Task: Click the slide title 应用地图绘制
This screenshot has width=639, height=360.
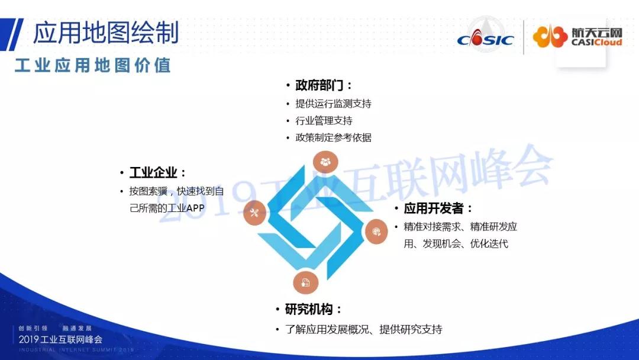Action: [105, 32]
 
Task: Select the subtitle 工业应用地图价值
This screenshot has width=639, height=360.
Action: [92, 65]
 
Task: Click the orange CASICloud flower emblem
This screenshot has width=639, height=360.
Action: [550, 37]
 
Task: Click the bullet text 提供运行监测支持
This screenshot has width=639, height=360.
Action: [333, 104]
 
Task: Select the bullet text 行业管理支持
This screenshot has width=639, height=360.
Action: [324, 121]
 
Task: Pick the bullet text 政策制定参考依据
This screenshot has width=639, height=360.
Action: [333, 137]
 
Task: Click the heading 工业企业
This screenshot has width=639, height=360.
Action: [153, 172]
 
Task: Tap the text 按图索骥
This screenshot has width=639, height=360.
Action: [149, 191]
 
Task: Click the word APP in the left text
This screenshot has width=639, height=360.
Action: [195, 208]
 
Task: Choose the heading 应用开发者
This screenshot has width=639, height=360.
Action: [434, 208]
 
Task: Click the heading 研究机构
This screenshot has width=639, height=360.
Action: [309, 309]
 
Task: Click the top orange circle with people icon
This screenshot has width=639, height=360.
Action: [325, 162]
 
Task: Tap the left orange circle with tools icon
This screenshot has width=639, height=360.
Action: [254, 213]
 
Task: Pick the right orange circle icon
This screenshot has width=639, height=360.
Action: [376, 232]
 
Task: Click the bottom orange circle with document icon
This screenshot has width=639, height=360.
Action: [306, 282]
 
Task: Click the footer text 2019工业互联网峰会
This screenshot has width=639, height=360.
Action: [61, 339]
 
